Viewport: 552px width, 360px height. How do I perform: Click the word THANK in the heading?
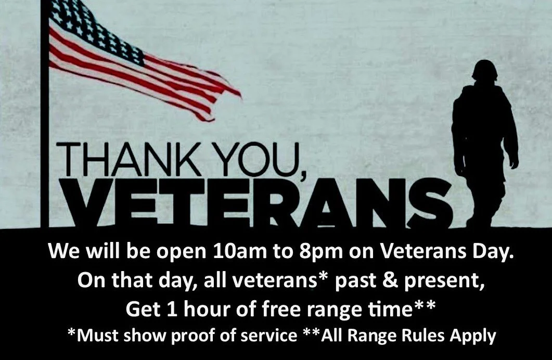coord(129,159)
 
